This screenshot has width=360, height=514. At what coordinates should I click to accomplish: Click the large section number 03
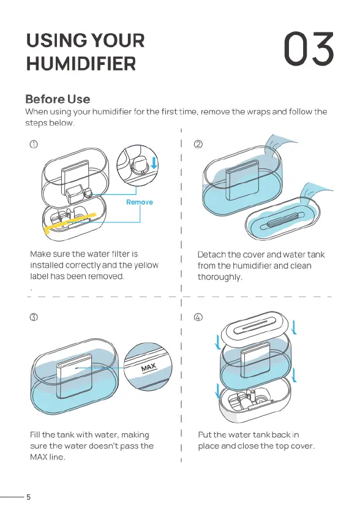(x=309, y=49)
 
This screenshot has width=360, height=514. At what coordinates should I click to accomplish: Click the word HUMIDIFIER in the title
(x=81, y=64)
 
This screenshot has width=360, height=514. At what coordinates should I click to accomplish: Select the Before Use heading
(x=58, y=99)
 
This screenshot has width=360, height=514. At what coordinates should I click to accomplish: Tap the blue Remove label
(x=140, y=202)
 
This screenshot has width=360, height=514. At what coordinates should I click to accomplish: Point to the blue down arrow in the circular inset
(x=154, y=163)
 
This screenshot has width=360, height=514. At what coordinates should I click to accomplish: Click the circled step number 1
(x=34, y=144)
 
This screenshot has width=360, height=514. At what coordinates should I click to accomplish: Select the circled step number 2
(x=198, y=144)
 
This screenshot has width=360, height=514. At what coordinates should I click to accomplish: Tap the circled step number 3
(x=34, y=317)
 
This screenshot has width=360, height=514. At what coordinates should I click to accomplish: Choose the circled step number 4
(x=198, y=317)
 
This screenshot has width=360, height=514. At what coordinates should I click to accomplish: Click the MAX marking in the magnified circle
(x=149, y=368)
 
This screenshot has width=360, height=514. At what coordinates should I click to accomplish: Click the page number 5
(x=29, y=497)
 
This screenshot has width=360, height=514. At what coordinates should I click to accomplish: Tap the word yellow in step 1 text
(x=146, y=265)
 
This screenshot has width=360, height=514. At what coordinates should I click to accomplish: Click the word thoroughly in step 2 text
(x=219, y=277)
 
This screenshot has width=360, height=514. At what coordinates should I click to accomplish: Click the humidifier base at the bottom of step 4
(x=255, y=401)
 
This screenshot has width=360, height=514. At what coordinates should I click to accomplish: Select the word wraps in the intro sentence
(x=258, y=111)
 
